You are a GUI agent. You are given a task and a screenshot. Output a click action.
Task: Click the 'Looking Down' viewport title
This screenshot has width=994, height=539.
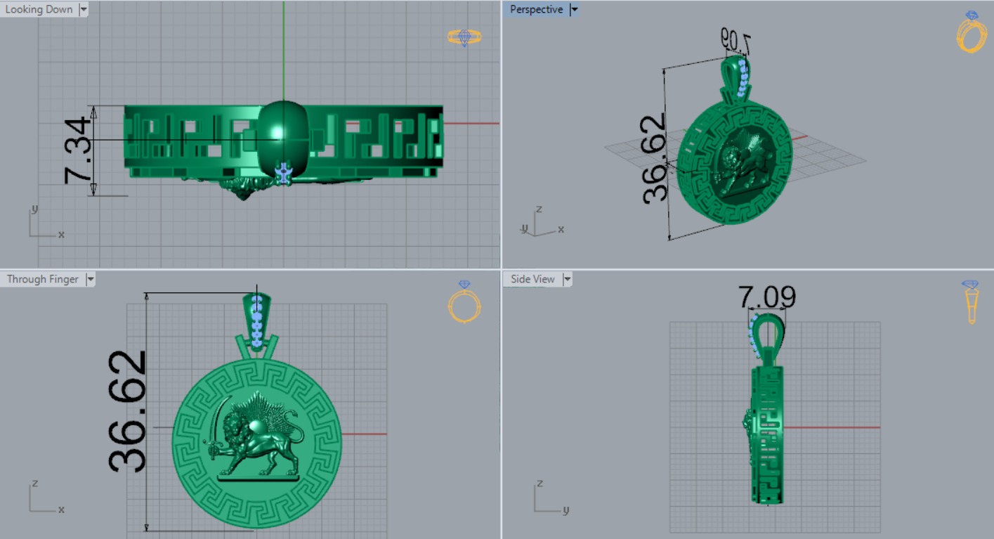pyautogui.click(x=39, y=10)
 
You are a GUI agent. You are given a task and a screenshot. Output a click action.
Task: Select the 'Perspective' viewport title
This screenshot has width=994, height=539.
pyautogui.click(x=536, y=10)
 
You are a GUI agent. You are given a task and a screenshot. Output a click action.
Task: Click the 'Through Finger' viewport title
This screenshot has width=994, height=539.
pyautogui.click(x=42, y=279)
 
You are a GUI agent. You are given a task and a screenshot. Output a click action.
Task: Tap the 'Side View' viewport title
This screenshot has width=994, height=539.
pyautogui.click(x=532, y=279)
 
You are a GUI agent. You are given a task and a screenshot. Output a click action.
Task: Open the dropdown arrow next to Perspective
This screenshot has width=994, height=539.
pyautogui.click(x=574, y=10)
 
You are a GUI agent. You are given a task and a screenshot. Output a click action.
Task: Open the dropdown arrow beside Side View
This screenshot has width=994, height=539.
pyautogui.click(x=567, y=279)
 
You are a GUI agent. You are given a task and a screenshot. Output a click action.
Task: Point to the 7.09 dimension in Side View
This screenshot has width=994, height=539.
pyautogui.click(x=767, y=297)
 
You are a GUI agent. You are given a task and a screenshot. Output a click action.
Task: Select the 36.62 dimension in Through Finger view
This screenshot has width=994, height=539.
pyautogui.click(x=128, y=410)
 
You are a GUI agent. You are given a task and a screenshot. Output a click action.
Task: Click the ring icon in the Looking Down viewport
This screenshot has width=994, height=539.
pyautogui.click(x=464, y=37)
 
